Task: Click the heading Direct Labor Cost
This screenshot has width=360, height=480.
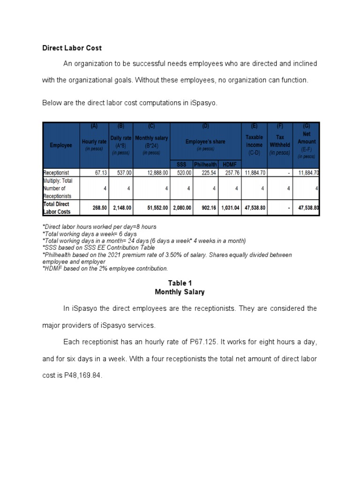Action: click(x=72, y=48)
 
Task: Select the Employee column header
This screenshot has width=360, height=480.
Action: click(x=61, y=145)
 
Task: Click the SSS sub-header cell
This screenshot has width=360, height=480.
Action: click(x=181, y=165)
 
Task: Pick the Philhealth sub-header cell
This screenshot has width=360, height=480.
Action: click(x=205, y=165)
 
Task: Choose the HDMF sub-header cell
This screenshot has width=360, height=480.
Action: click(x=229, y=165)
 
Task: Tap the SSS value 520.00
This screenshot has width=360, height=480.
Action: click(x=183, y=172)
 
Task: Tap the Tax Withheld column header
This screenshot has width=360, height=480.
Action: click(x=280, y=141)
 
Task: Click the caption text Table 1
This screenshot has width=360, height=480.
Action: click(x=180, y=283)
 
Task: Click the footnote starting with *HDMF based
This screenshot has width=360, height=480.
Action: click(x=105, y=269)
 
